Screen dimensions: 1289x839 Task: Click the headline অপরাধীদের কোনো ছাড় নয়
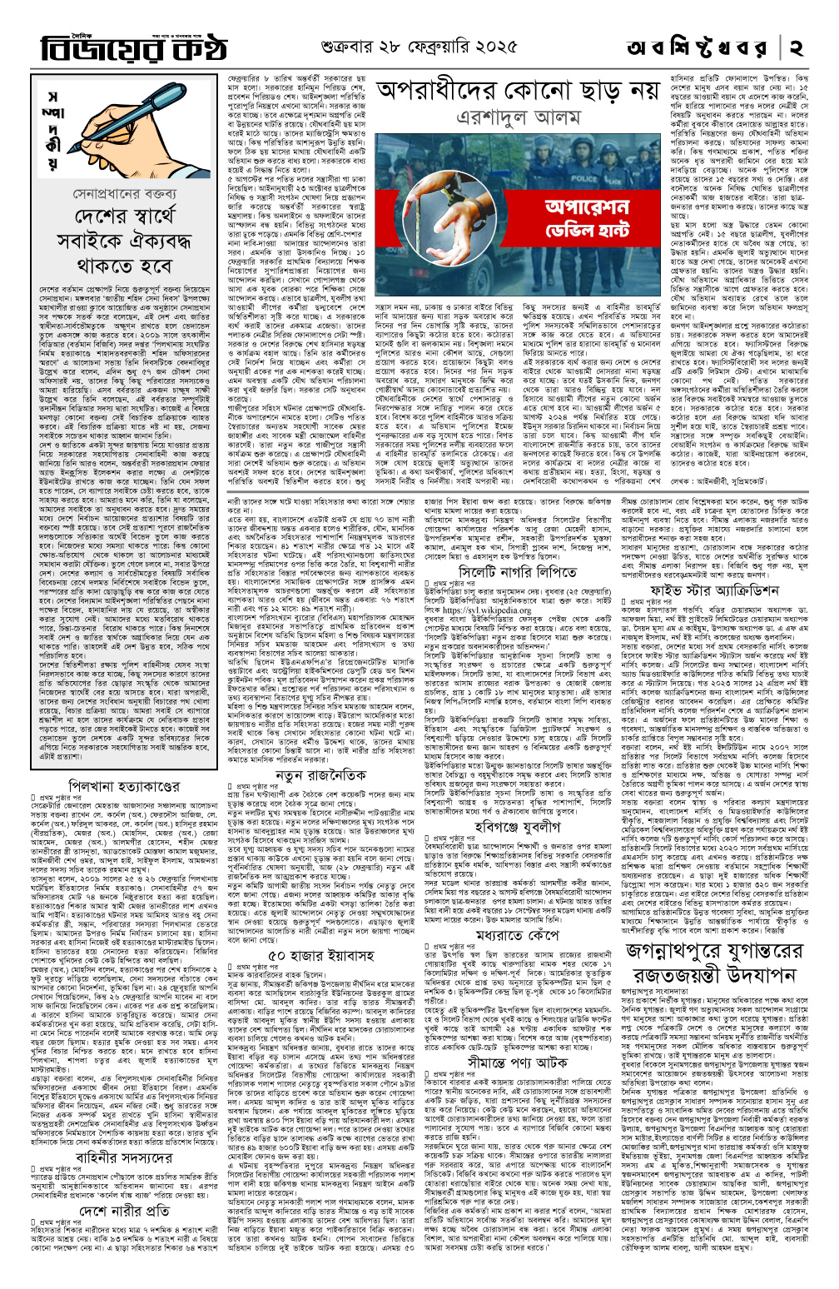[517, 89]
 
